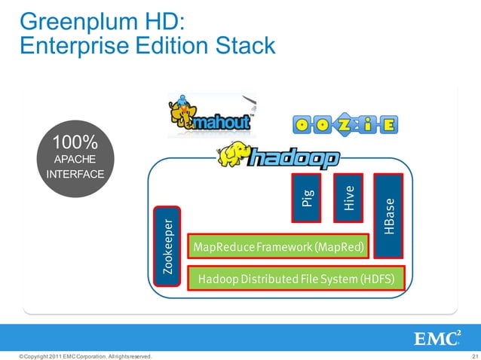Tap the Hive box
coord(348,197)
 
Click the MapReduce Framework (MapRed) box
coord(278,247)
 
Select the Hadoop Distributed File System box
coord(296,279)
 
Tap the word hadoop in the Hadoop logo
coord(295,159)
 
